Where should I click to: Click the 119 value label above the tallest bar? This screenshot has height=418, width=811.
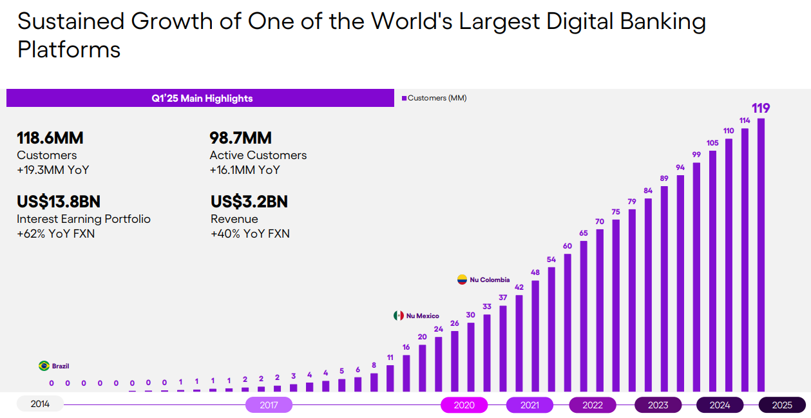coord(761,108)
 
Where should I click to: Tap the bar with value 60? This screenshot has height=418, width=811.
coord(568,322)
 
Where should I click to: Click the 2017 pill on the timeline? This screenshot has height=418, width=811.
coord(269,405)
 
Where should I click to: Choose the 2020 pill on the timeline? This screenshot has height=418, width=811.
coord(464,405)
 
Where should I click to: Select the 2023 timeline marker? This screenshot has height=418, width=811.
coord(658,405)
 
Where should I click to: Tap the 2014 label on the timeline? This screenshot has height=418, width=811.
coord(40,404)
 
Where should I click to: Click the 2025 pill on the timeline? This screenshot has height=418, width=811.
coord(782,405)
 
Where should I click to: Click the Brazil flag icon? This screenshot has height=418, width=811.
coord(44,366)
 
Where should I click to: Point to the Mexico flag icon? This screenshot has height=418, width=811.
coord(399,316)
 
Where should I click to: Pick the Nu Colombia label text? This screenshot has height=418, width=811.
coord(490,280)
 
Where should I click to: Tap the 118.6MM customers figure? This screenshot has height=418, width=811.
coord(50,138)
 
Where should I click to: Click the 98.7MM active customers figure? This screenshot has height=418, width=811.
coord(240,138)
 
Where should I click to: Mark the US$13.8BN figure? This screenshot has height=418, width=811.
coord(59,202)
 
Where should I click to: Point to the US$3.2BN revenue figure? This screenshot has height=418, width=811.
coord(249,202)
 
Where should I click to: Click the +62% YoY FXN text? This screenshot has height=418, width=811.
coord(55,234)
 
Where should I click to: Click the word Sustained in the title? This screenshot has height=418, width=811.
coord(70,22)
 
